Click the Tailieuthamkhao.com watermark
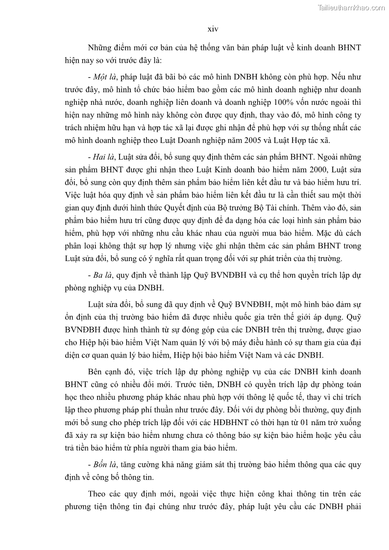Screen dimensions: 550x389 (351, 7)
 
